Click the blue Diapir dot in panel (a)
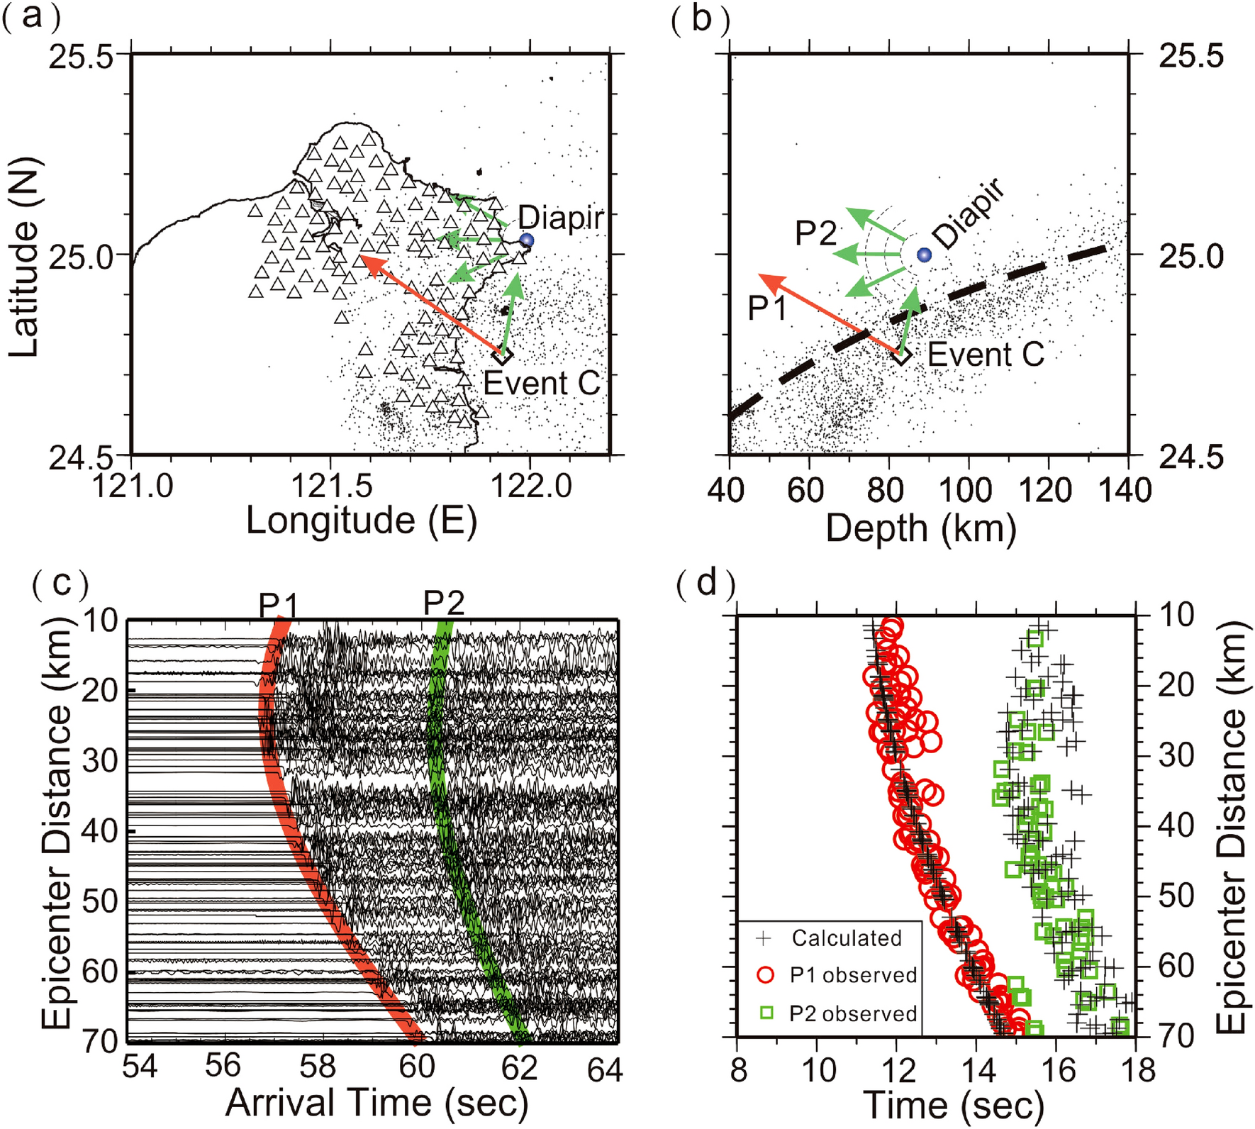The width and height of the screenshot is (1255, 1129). point(526,240)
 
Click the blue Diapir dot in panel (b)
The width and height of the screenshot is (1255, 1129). point(923,255)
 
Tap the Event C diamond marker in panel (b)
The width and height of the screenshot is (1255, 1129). point(901,355)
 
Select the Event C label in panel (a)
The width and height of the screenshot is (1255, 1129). point(542,384)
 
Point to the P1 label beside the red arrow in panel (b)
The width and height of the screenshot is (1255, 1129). point(767,308)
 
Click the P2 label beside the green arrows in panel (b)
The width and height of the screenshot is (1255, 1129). point(816,233)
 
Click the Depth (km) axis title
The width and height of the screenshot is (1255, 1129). point(921,528)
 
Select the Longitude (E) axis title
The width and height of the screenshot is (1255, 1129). point(361,521)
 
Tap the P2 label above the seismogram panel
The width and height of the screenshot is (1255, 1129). point(444,603)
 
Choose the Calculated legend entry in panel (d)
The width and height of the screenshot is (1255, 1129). point(846,938)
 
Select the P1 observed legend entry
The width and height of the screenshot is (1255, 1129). point(853,975)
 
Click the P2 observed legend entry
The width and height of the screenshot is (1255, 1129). point(853,1013)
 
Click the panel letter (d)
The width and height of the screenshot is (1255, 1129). point(705,584)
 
